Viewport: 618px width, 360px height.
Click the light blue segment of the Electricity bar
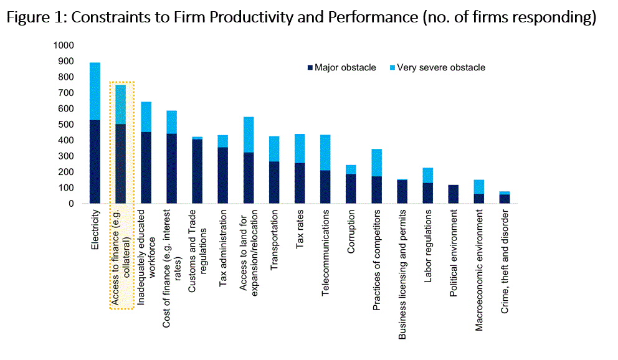[95, 91]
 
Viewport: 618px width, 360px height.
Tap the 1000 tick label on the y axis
[64, 45]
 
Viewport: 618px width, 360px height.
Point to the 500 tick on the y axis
[66, 125]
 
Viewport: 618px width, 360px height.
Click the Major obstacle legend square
[310, 68]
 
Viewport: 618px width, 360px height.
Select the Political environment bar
[454, 194]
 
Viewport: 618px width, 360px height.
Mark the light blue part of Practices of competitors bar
[377, 163]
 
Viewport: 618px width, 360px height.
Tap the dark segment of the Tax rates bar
[300, 183]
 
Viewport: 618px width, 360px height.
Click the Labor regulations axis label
[428, 246]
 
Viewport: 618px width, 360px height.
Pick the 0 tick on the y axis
[71, 204]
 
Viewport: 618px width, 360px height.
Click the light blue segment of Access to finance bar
[120, 104]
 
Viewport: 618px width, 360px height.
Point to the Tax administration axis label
[223, 248]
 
